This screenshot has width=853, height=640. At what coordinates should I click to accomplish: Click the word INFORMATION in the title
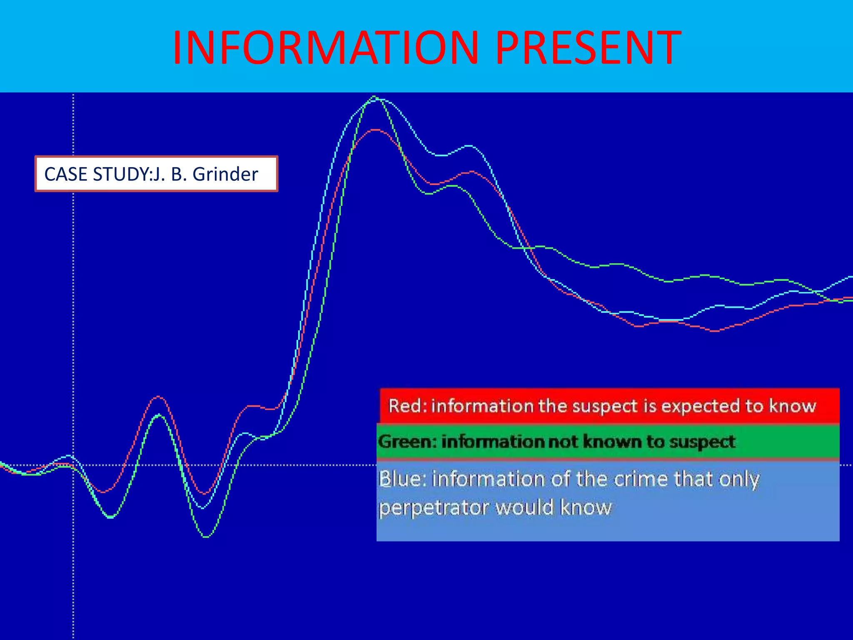[325, 48]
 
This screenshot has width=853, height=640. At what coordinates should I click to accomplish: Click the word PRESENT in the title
[588, 48]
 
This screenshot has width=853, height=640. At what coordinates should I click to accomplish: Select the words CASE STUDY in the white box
[96, 174]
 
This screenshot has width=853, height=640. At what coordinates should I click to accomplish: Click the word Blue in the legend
[402, 479]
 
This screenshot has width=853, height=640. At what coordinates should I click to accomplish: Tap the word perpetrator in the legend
[434, 508]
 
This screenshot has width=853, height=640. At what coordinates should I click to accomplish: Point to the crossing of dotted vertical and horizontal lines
[73, 465]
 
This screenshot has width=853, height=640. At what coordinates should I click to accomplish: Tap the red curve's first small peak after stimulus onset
[158, 397]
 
